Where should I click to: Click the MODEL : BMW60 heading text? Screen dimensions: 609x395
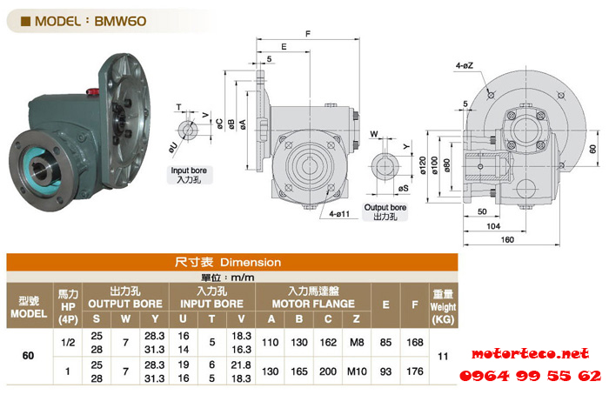click(x=90, y=21)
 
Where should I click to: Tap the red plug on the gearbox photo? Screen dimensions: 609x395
click(x=92, y=92)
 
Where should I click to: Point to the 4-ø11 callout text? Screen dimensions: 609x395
click(x=339, y=214)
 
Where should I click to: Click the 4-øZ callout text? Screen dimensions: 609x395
click(x=464, y=65)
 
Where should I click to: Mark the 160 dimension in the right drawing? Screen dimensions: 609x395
click(x=507, y=239)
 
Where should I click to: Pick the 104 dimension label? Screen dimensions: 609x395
click(x=493, y=226)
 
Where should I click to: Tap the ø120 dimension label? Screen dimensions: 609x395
click(x=423, y=165)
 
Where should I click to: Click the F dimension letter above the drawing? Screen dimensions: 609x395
click(x=308, y=34)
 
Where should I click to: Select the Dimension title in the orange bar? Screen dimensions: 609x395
click(x=251, y=263)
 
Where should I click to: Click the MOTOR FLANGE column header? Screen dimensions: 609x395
click(x=313, y=304)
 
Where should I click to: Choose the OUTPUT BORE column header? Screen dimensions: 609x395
click(x=125, y=304)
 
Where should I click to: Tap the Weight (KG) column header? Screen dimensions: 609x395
click(x=443, y=313)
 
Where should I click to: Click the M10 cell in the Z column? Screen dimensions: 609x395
click(x=357, y=372)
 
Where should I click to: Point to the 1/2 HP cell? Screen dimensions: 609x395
click(x=68, y=342)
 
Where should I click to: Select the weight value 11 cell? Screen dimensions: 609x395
click(x=443, y=356)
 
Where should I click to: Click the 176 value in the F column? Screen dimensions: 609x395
click(x=414, y=372)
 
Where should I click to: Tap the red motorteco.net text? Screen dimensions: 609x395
click(x=530, y=353)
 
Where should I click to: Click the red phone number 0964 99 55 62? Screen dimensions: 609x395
click(x=530, y=376)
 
